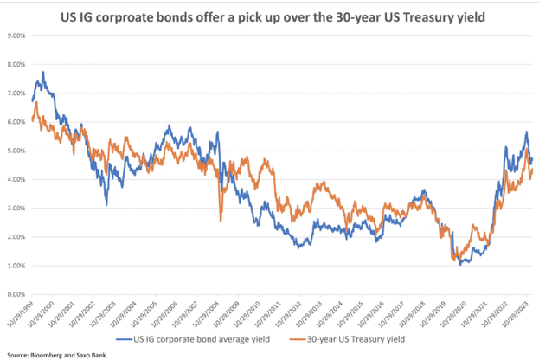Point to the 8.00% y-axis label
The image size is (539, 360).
pos(16,64)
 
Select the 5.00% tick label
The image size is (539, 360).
pos(16,151)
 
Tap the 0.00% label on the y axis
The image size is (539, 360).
pos(16,294)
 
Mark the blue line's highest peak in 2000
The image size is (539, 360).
pos(43,72)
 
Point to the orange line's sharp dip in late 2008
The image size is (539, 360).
pos(221,221)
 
